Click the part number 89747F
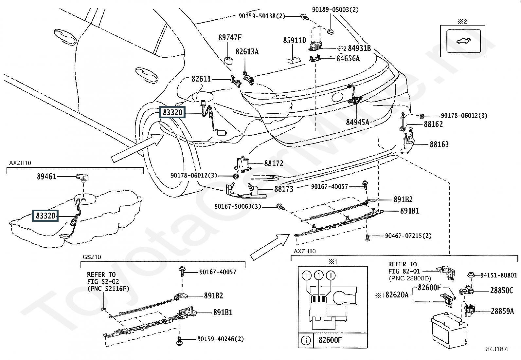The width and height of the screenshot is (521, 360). pyautogui.click(x=230, y=38)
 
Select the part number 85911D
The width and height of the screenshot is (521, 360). pyautogui.click(x=295, y=41)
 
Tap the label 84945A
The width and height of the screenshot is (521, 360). pyautogui.click(x=357, y=123)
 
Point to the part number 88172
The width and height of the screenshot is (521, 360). pyautogui.click(x=274, y=163)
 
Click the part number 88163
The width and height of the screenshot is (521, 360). pyautogui.click(x=439, y=144)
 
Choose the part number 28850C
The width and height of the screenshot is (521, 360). pyautogui.click(x=502, y=290)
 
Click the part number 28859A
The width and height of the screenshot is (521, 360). pyautogui.click(x=502, y=311)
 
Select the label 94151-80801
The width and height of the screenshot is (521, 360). pyautogui.click(x=499, y=275)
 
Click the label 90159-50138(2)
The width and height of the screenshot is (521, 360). pyautogui.click(x=261, y=16)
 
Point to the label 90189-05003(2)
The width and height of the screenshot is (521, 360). pyautogui.click(x=335, y=10)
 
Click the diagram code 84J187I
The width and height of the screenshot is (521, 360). pyautogui.click(x=497, y=350)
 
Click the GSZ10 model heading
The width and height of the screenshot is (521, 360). pyautogui.click(x=92, y=257)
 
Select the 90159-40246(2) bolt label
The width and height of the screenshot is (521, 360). pyautogui.click(x=221, y=339)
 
